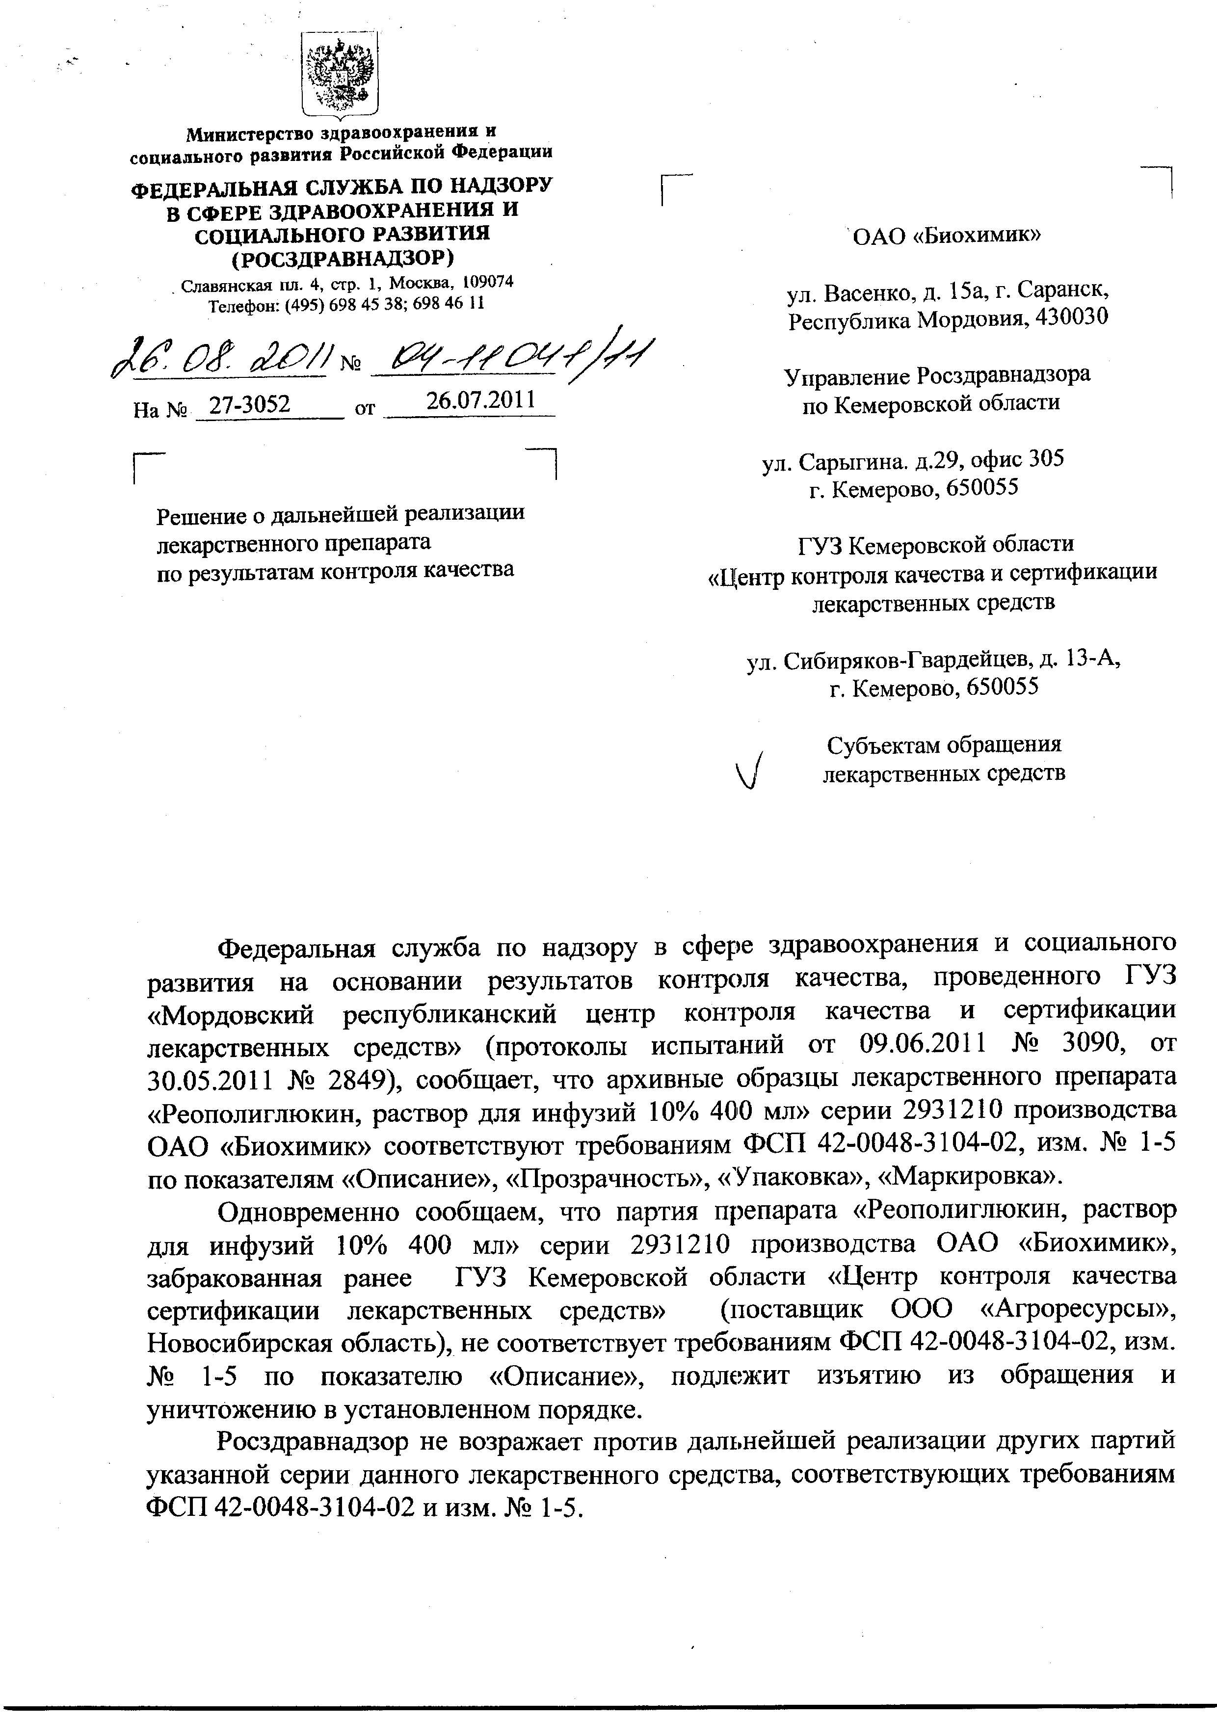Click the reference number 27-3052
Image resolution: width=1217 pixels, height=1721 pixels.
click(x=250, y=405)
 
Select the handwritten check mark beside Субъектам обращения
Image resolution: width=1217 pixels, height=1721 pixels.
click(x=752, y=770)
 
